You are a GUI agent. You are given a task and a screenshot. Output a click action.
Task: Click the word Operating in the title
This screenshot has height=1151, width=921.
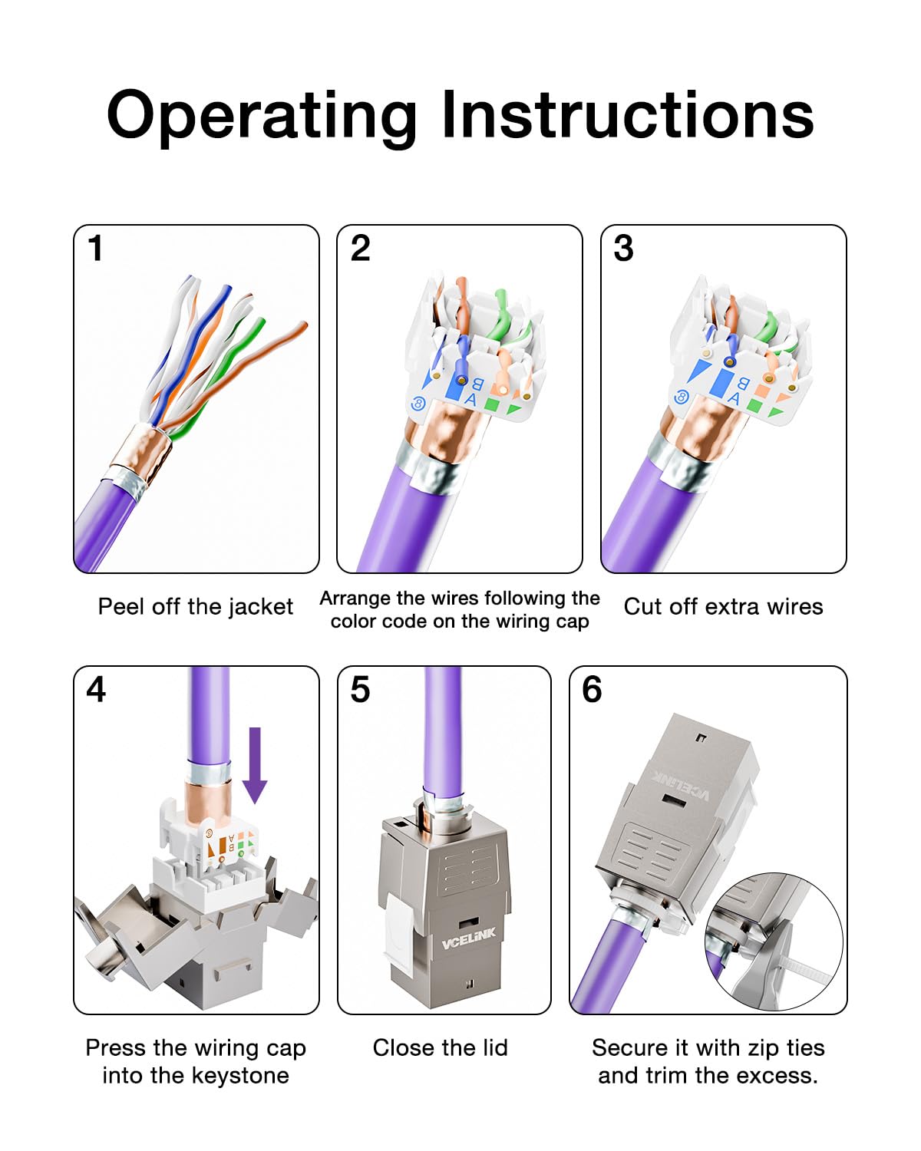point(262,117)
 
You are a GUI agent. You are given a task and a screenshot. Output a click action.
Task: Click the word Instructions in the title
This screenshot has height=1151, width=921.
point(627,114)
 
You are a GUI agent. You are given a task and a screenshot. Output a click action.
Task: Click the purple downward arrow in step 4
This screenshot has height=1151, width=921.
point(255,765)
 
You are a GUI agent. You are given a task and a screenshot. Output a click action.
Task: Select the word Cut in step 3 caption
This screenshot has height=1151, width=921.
point(639,607)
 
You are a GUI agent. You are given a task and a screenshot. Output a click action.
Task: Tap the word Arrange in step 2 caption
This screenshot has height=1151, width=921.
point(355,599)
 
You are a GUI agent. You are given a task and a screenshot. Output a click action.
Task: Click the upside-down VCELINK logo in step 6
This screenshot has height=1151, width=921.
point(682,786)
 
